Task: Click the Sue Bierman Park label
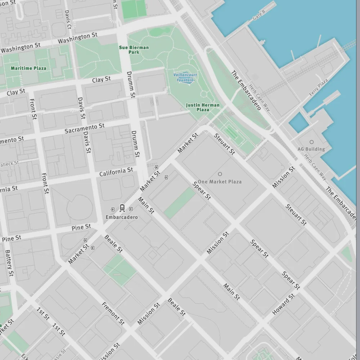coord(134,50)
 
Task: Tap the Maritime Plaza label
coord(28,68)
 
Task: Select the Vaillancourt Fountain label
coord(185,77)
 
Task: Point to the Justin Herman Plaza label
coord(203,107)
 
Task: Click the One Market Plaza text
coord(220,182)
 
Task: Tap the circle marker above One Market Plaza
coord(220,174)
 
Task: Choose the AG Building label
coord(311,149)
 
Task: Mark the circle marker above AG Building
coord(311,142)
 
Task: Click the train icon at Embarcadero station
coord(122,208)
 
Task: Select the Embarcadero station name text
coord(122,217)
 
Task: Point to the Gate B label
coord(258,15)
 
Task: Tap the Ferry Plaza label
coord(319,87)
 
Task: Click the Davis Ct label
coord(68,19)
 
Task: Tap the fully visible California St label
coord(116,172)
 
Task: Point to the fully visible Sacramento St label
coord(85,128)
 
